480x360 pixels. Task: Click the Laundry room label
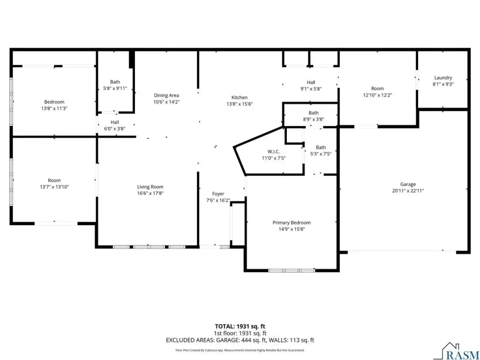tap(443, 78)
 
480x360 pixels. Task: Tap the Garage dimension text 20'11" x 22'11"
tap(408, 191)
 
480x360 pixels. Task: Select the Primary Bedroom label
tap(292, 223)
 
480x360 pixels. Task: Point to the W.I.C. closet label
tap(273, 151)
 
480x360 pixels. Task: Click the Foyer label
tap(218, 194)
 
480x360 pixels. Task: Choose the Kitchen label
tap(240, 97)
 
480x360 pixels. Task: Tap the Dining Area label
tap(166, 95)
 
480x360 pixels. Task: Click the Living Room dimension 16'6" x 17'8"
tap(150, 193)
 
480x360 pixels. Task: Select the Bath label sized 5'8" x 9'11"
tap(115, 82)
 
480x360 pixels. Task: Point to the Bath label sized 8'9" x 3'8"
tap(314, 112)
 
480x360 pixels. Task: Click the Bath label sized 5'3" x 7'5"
tap(321, 147)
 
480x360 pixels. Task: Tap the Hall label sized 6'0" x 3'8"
tap(115, 122)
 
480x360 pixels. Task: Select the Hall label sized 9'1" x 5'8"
tap(311, 82)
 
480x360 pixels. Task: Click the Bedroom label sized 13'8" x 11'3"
tap(54, 102)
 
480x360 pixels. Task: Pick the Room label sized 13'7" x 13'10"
tap(54, 180)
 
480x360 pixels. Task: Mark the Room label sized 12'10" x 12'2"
tap(377, 89)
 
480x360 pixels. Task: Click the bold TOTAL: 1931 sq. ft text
tap(240, 326)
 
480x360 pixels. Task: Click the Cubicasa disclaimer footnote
tap(240, 350)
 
